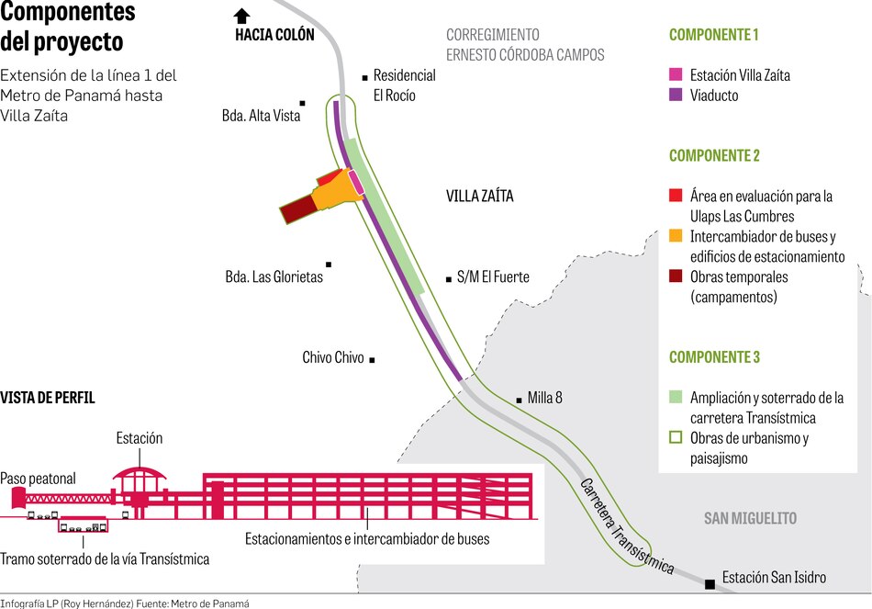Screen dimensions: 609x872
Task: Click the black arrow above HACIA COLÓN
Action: click(x=241, y=15)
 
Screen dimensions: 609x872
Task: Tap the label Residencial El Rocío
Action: click(x=404, y=85)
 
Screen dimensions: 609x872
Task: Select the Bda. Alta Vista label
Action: click(x=262, y=116)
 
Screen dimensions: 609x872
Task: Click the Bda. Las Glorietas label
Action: click(x=274, y=276)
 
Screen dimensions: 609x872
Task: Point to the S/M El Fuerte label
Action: click(x=493, y=276)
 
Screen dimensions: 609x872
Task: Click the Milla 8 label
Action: click(x=544, y=398)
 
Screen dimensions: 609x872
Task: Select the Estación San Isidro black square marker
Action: click(x=710, y=584)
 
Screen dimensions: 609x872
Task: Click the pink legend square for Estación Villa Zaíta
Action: click(x=676, y=74)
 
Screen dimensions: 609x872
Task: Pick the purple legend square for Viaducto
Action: click(x=676, y=95)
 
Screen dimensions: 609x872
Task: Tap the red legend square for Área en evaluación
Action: click(x=676, y=196)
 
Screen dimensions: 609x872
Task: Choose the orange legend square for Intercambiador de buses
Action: click(x=676, y=236)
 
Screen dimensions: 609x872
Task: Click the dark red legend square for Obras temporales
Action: click(x=676, y=276)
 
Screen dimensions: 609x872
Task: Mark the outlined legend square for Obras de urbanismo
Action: click(x=676, y=437)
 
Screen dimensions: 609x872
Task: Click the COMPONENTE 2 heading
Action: click(x=714, y=156)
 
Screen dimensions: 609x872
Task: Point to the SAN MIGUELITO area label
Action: click(x=750, y=518)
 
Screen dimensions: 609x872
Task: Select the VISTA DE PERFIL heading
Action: click(x=48, y=398)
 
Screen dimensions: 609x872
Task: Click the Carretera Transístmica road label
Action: click(x=628, y=526)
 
